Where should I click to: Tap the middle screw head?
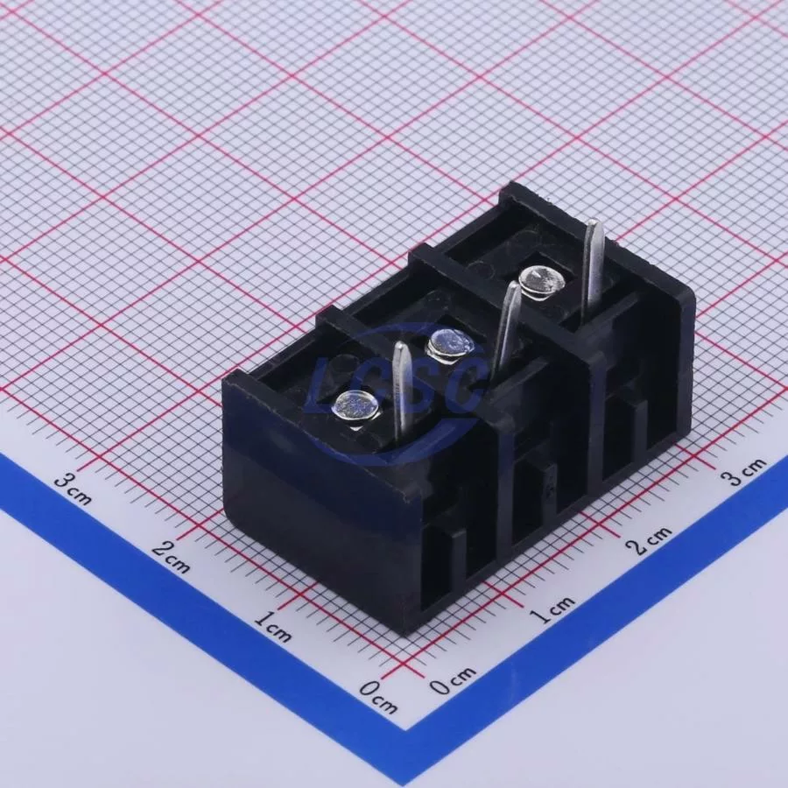coord(450,346)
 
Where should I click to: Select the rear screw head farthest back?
coord(542,282)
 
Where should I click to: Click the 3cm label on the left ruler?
coord(74,489)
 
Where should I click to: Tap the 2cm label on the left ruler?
coord(172,556)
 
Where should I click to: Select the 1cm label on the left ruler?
coord(272,626)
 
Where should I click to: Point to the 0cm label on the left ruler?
coord(378,697)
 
